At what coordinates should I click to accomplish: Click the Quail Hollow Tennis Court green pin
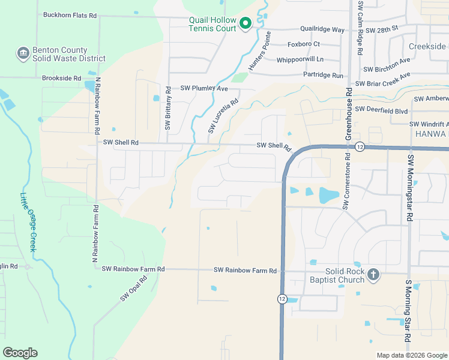[245, 23]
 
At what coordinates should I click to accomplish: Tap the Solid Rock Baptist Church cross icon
[373, 275]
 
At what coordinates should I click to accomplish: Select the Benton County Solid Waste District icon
[23, 54]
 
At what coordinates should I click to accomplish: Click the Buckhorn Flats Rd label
[70, 16]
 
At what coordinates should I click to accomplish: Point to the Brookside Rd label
[61, 78]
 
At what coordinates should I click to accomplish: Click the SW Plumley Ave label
[206, 89]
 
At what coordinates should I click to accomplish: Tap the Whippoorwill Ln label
[300, 59]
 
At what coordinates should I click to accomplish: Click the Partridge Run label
[323, 76]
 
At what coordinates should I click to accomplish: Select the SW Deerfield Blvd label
[381, 110]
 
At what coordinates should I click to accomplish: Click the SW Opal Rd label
[133, 289]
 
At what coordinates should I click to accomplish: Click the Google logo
[20, 353]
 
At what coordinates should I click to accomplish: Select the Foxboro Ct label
[304, 44]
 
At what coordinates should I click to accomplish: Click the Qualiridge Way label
[322, 29]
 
